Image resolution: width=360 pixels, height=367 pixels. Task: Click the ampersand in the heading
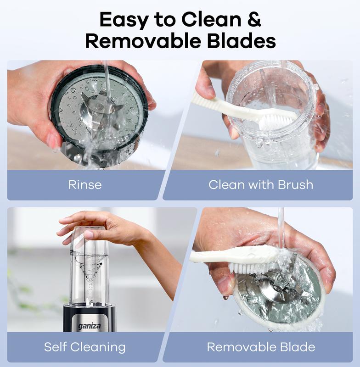pos(254,19)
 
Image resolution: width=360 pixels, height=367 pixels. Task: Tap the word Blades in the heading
pos(241,41)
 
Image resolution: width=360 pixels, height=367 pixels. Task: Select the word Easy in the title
pos(124,20)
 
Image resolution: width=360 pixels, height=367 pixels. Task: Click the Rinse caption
pos(85,185)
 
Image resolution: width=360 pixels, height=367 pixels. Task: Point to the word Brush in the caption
pos(295,185)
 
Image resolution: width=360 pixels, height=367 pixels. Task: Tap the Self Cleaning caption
pos(85,347)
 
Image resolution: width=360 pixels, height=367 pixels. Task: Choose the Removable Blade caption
pos(261,347)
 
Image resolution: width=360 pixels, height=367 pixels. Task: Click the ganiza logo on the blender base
pos(89,326)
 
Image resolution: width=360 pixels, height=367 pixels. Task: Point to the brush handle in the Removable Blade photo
pos(225,255)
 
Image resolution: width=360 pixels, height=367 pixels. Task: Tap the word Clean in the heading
pos(211,19)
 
